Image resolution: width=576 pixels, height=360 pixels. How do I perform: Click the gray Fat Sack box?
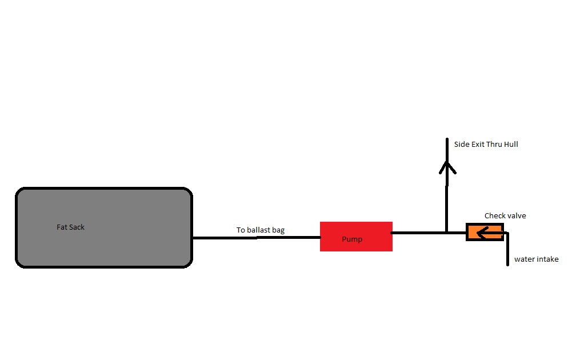(103, 251)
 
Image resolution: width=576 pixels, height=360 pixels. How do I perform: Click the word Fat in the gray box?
(62, 227)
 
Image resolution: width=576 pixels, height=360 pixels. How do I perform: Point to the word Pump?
(352, 239)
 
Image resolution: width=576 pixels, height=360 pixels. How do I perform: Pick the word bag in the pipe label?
(278, 230)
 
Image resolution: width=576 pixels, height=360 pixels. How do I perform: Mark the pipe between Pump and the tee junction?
(417, 233)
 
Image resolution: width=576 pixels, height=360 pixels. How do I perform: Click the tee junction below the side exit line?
(447, 233)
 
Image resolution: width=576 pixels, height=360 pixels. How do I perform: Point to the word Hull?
(511, 145)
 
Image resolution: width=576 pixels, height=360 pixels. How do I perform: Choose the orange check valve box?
(472, 232)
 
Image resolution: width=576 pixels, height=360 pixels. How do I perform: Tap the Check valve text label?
(505, 216)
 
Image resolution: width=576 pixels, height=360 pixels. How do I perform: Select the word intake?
(547, 259)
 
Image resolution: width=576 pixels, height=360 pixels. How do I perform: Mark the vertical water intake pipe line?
(507, 251)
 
